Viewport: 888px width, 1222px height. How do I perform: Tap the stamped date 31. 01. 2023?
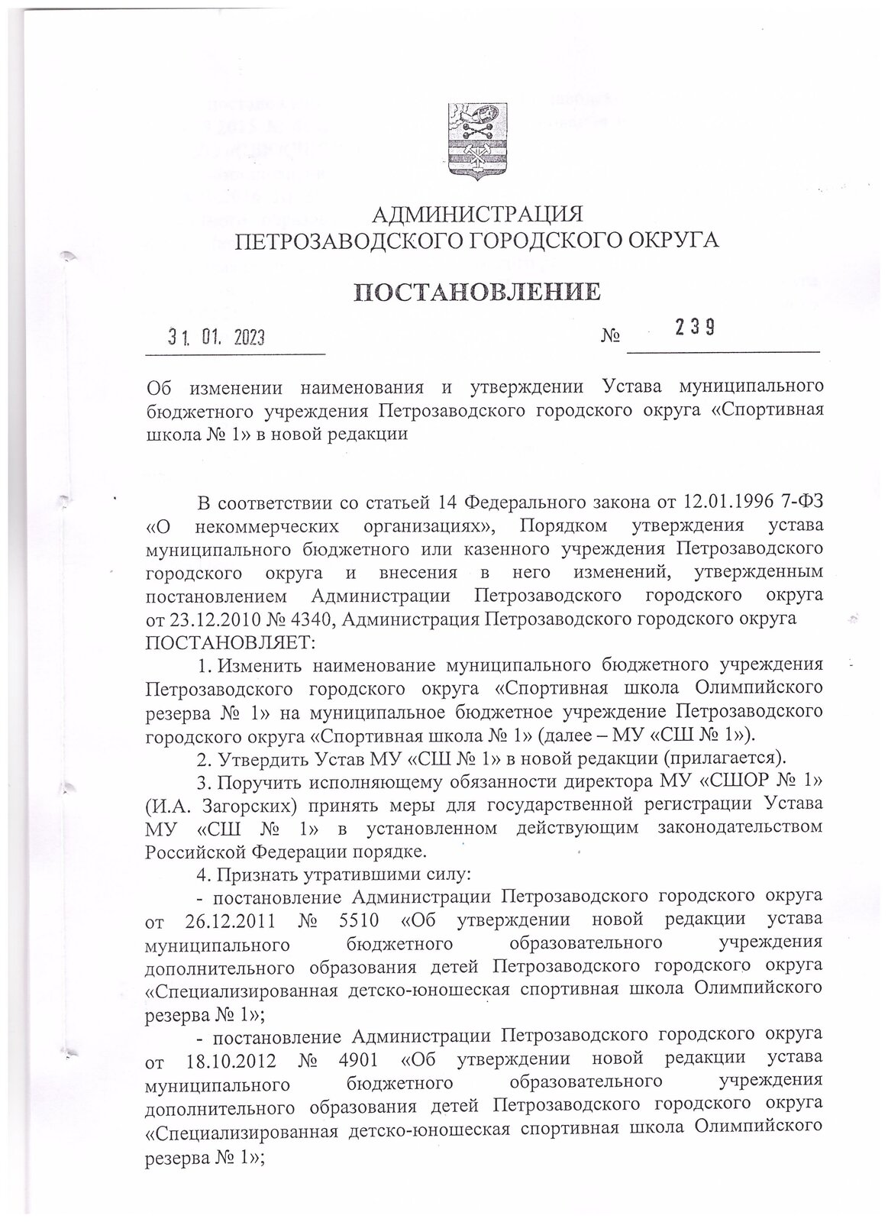click(216, 338)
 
